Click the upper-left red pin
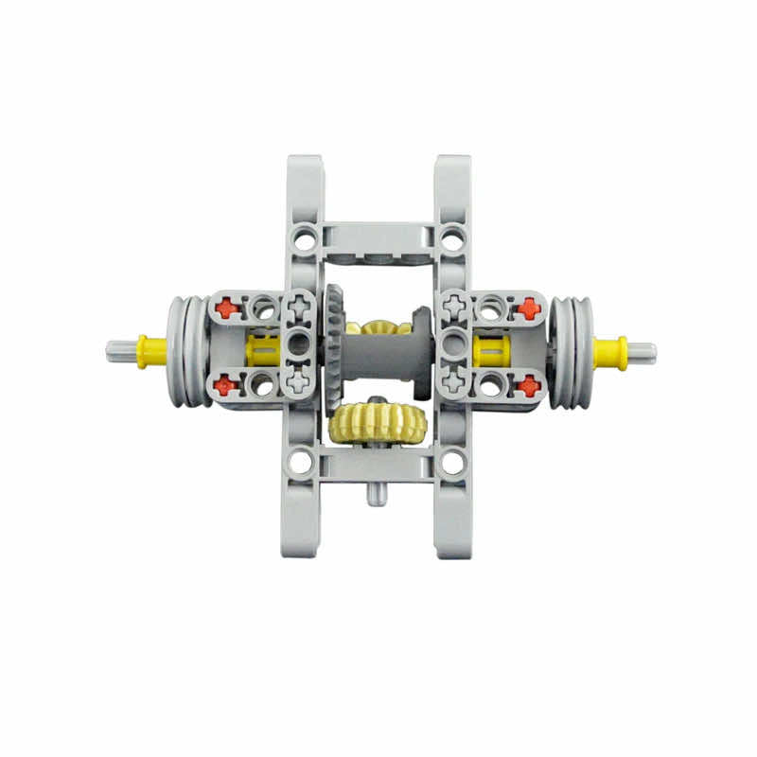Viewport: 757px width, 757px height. click(x=224, y=308)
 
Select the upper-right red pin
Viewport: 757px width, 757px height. click(x=528, y=308)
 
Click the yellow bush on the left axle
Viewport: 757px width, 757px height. click(x=151, y=351)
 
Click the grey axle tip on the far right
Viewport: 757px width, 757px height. click(x=643, y=352)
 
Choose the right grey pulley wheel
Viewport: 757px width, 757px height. click(x=570, y=352)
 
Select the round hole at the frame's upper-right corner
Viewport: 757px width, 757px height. click(x=453, y=238)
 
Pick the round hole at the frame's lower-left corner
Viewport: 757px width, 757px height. click(x=300, y=463)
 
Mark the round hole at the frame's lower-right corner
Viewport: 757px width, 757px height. click(x=453, y=463)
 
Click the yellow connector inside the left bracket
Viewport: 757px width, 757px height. click(x=261, y=351)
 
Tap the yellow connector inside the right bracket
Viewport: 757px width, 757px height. click(x=491, y=351)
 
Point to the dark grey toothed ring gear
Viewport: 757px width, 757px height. click(x=334, y=350)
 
